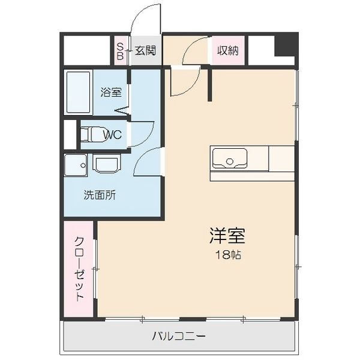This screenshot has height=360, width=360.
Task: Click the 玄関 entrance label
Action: [145, 50]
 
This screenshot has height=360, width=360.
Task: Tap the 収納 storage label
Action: [228, 50]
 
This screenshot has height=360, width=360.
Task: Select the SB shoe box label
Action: [120, 50]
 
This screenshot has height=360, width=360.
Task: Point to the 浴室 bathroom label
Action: [112, 92]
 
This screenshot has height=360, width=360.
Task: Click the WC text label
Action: [112, 134]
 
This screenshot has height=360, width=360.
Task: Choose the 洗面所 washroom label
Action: [100, 194]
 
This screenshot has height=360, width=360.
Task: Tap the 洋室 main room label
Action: [228, 235]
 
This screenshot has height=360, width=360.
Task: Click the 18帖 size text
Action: [229, 255]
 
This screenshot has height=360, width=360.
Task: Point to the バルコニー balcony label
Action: [179, 335]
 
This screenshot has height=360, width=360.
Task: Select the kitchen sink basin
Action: [229, 159]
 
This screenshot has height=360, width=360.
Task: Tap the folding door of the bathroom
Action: [122, 109]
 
